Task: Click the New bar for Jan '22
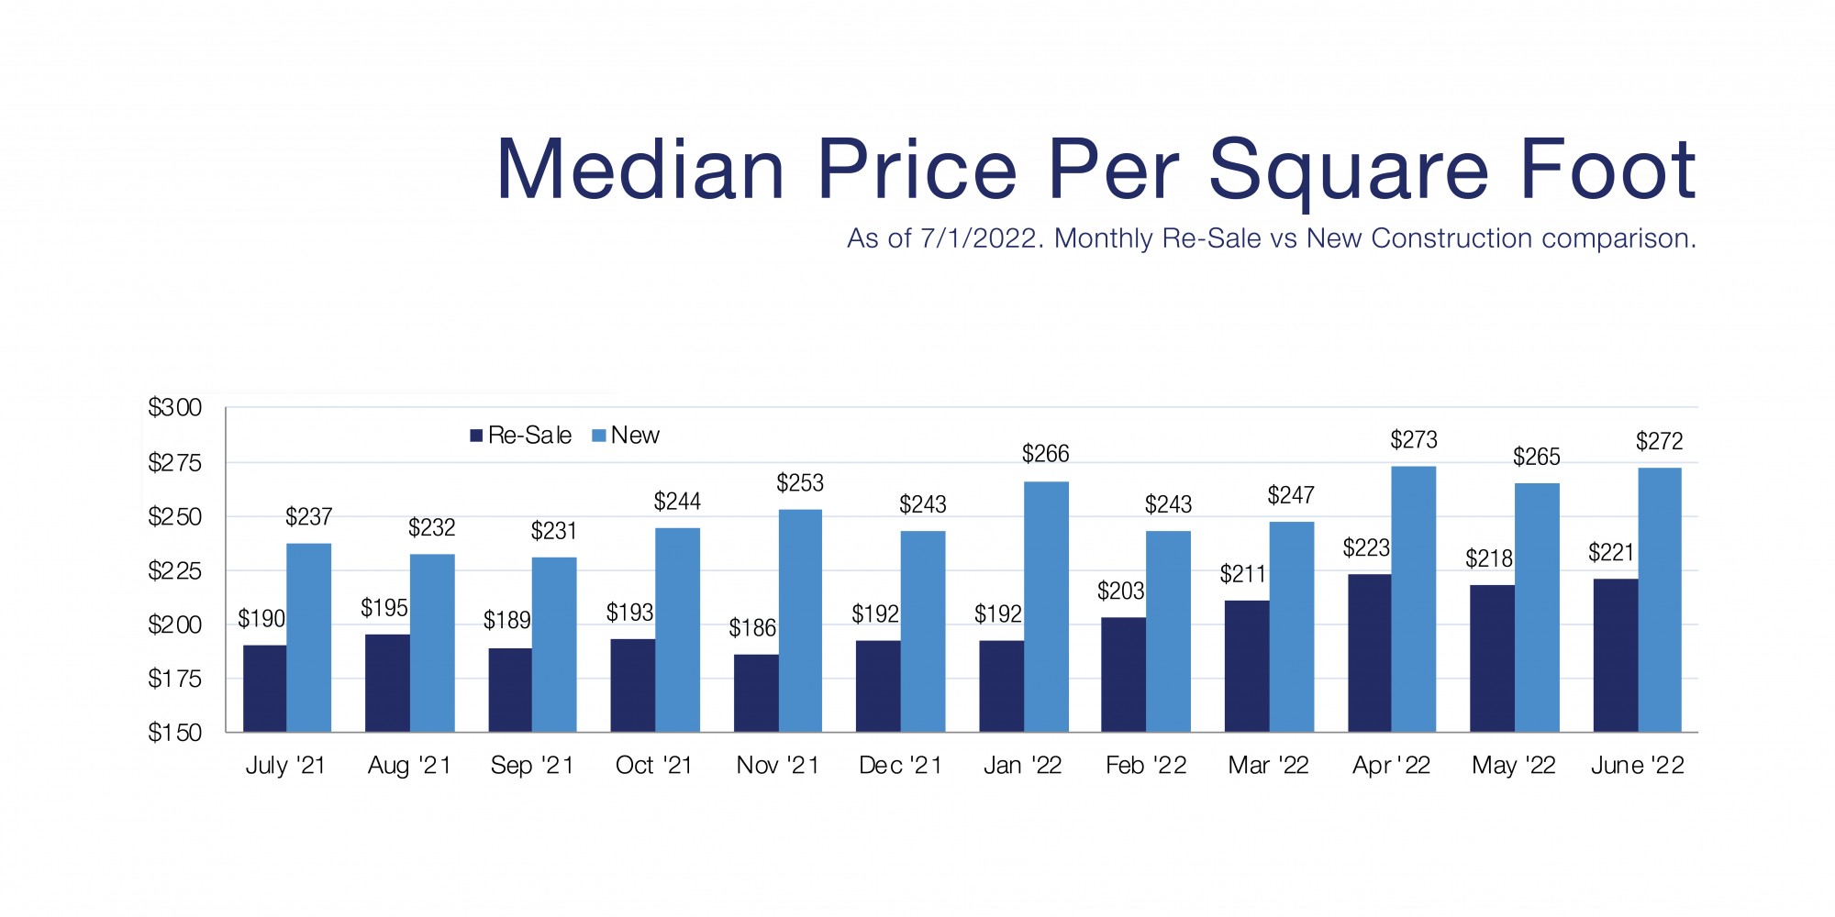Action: [x=1046, y=606]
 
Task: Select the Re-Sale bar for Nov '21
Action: [x=756, y=692]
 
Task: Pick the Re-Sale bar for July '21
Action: [x=264, y=688]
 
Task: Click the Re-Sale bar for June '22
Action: [x=1615, y=655]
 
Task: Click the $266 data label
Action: [x=1046, y=454]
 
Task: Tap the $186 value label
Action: [x=752, y=628]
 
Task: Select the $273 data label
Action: [x=1414, y=440]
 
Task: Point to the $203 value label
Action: [x=1121, y=591]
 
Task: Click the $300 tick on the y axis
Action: [x=174, y=408]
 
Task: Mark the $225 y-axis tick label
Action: [x=174, y=571]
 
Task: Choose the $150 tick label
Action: [x=174, y=733]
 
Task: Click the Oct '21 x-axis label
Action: [x=654, y=766]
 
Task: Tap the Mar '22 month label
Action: [x=1268, y=766]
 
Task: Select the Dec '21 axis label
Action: [x=900, y=766]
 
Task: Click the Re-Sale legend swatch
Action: [x=476, y=436]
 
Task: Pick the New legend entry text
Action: [x=635, y=436]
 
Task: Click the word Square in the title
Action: [x=1349, y=171]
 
